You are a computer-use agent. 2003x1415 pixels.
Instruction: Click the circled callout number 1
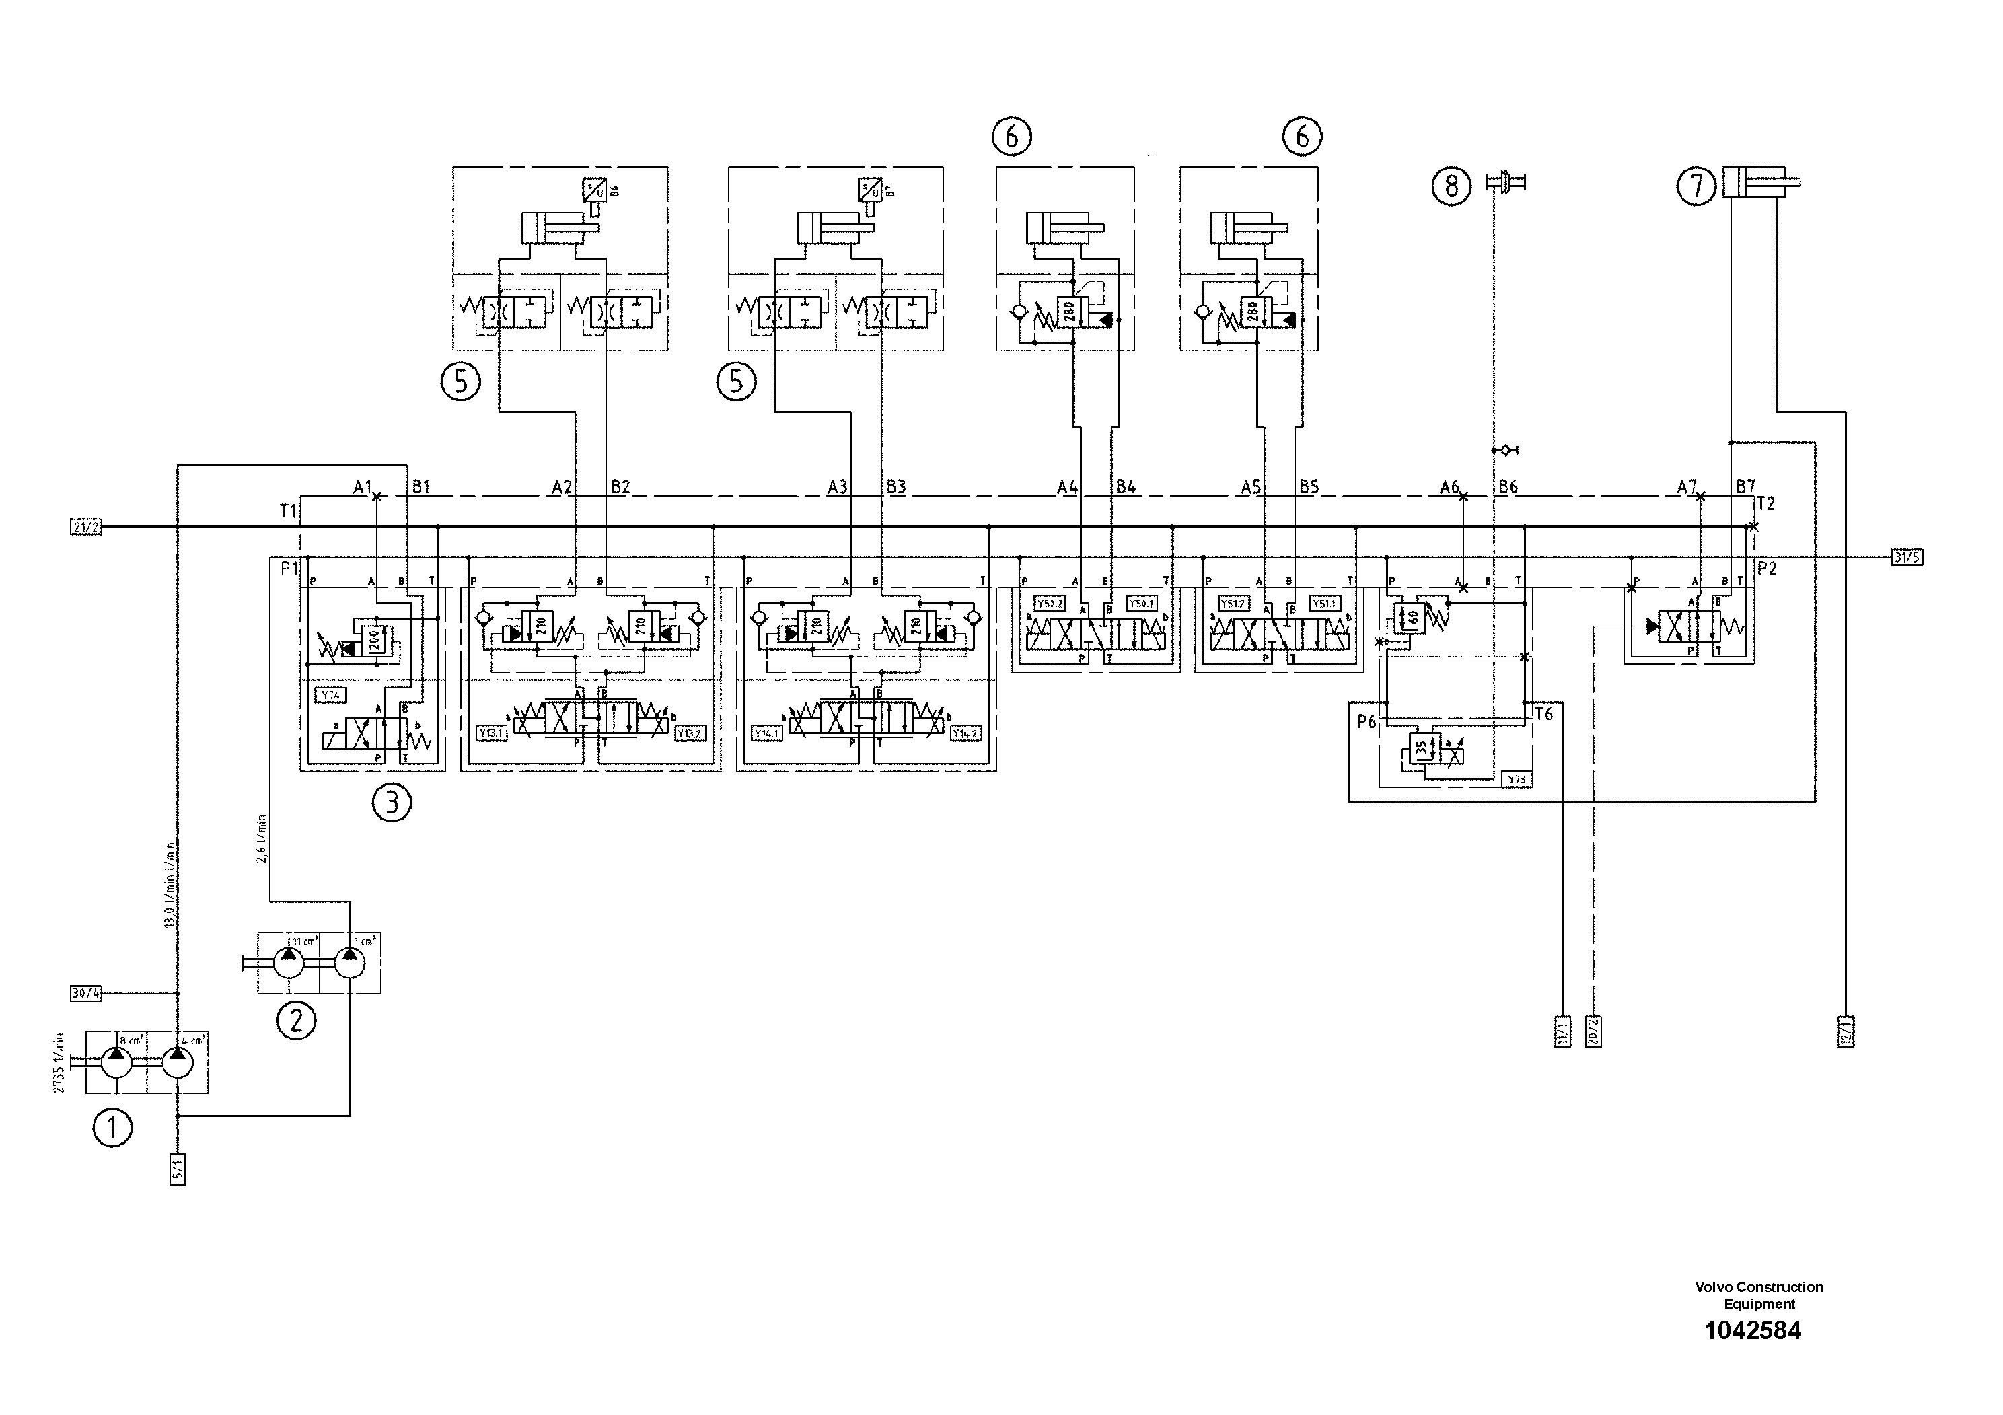[112, 1128]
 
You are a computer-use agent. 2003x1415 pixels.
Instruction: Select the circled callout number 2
[296, 1020]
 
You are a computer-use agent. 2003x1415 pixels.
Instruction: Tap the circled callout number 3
[392, 803]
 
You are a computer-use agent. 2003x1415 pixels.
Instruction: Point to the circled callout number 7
[1697, 186]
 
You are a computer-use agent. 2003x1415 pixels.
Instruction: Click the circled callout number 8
[1451, 186]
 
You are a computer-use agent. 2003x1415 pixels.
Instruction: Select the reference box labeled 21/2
[85, 527]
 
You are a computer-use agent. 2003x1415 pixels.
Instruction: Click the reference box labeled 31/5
[1907, 557]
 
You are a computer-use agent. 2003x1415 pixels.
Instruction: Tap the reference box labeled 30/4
[85, 992]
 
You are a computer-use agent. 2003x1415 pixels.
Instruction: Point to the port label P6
[1366, 721]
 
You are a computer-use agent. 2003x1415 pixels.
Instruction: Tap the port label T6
[1543, 715]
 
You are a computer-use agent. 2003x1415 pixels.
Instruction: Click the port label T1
[288, 510]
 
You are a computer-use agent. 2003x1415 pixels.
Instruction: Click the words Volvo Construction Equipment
[1759, 1295]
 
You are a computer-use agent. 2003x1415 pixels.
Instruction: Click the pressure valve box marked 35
[1420, 748]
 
